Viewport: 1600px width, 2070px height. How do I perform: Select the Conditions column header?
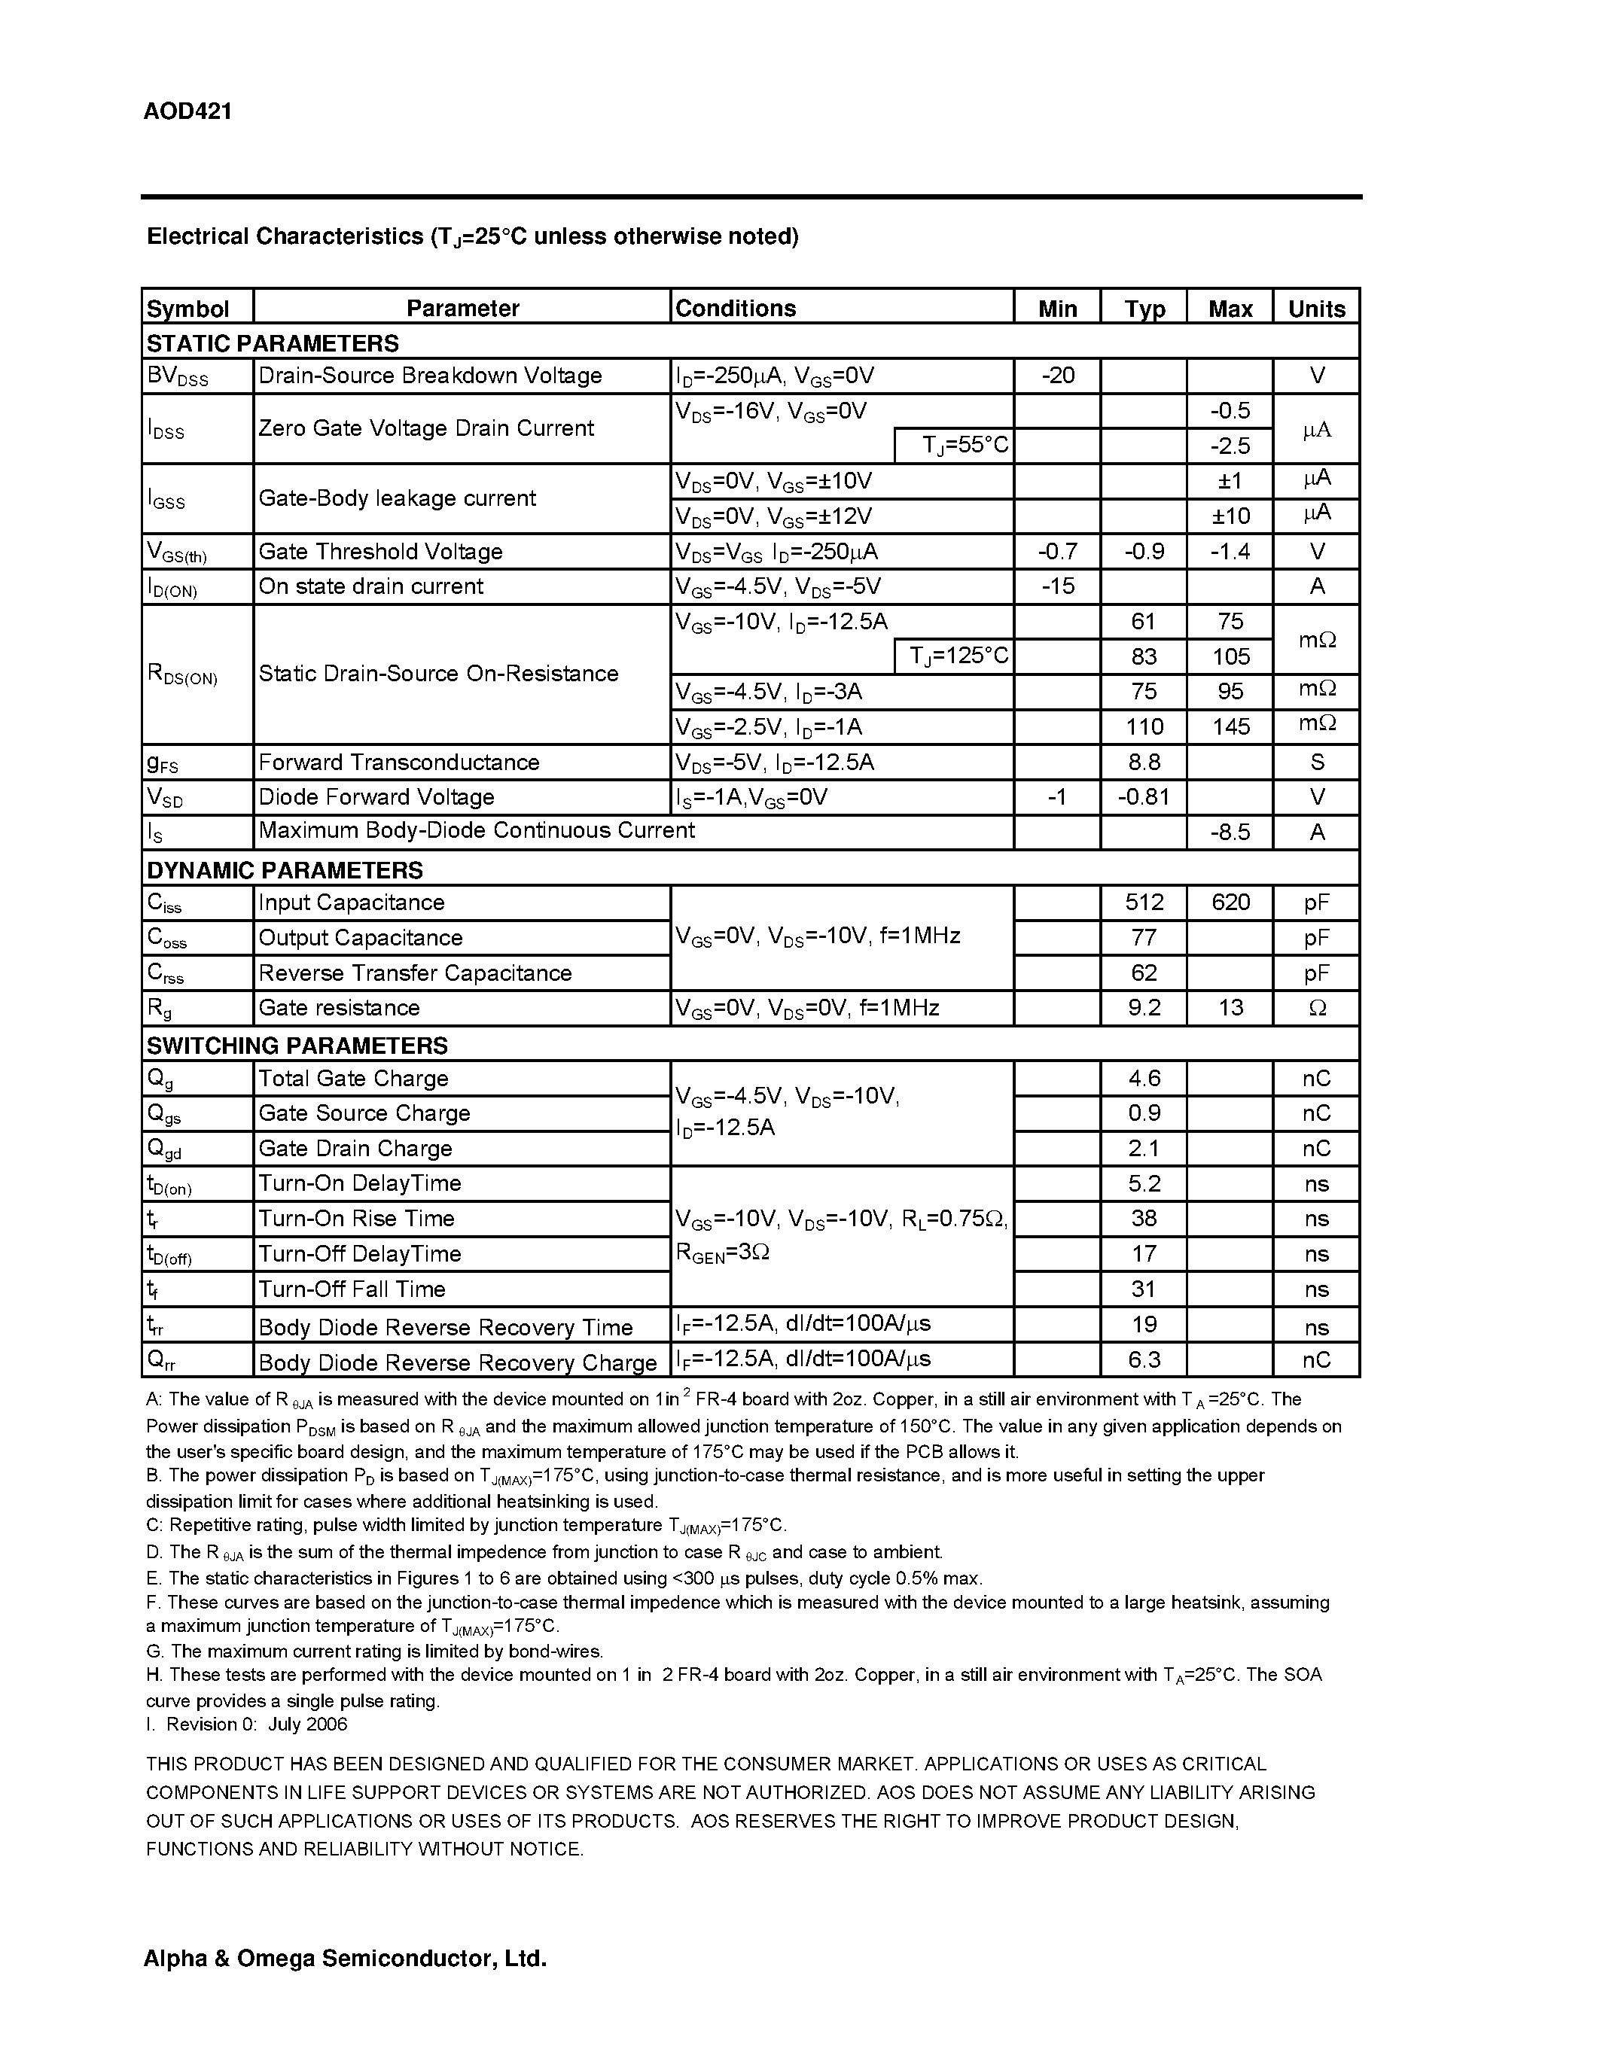[x=735, y=308]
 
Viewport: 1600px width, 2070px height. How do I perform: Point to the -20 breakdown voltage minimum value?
[x=1057, y=376]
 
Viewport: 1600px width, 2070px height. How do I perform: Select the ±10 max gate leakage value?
[x=1230, y=516]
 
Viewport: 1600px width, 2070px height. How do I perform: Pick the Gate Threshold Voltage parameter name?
[x=380, y=552]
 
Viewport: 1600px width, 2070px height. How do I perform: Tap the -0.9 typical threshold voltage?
[x=1143, y=552]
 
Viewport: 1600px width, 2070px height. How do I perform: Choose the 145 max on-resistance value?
[x=1230, y=727]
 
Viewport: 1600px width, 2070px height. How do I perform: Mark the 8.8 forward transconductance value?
[x=1143, y=762]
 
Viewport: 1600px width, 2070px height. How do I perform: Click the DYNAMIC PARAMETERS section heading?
[x=285, y=869]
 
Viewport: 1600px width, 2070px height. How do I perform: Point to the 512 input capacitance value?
[x=1143, y=903]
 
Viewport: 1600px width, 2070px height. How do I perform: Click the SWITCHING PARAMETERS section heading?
[x=296, y=1046]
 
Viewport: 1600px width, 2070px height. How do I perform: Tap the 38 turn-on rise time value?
[x=1143, y=1219]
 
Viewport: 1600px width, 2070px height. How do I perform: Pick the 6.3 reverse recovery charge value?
[x=1143, y=1360]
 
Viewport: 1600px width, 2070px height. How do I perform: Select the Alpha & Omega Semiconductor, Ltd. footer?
[x=345, y=1959]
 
